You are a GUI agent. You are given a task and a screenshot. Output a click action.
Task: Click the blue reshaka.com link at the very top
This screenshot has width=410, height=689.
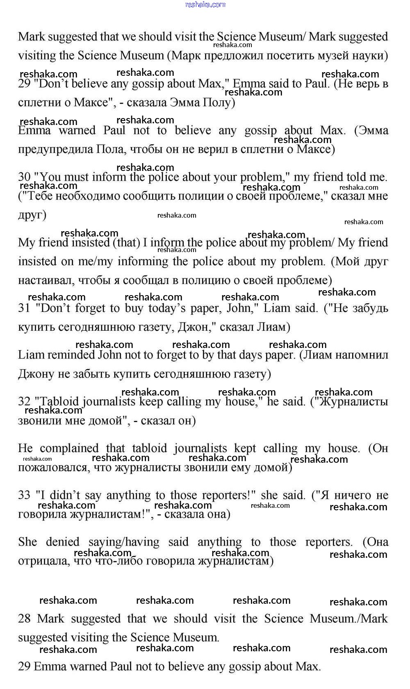click(x=205, y=5)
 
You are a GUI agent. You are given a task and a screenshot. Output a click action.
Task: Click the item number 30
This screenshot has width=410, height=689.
click(x=24, y=177)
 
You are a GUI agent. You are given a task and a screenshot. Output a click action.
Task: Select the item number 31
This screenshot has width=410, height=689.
click(x=24, y=308)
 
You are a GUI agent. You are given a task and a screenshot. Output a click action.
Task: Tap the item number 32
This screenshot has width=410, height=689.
click(x=24, y=402)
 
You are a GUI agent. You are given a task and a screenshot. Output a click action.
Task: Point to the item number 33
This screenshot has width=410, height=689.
click(x=24, y=495)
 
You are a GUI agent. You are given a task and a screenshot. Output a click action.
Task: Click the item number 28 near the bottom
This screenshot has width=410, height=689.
click(x=24, y=619)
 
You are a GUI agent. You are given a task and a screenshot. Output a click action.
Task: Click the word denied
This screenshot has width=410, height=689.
click(x=62, y=542)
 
